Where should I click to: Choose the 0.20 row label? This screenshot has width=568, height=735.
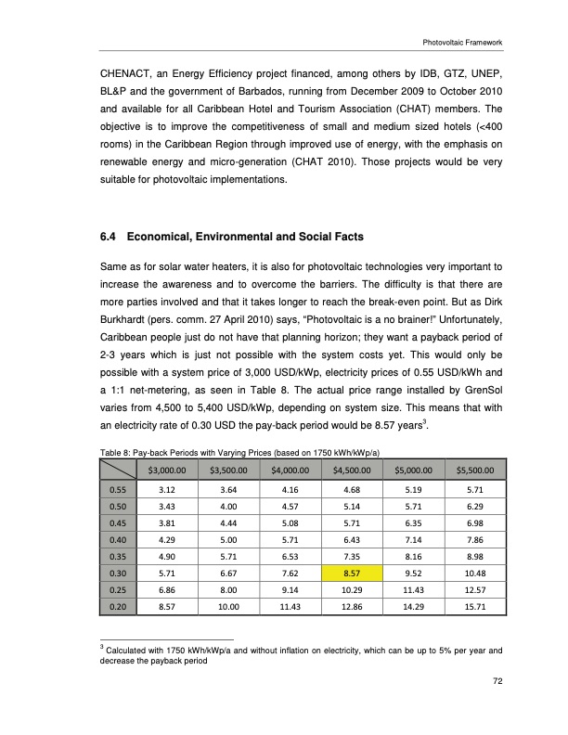117,607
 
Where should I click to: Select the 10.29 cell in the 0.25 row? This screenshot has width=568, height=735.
344,590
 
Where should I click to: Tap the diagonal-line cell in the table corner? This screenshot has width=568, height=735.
117,469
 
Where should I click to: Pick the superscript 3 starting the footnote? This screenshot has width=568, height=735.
102,644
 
